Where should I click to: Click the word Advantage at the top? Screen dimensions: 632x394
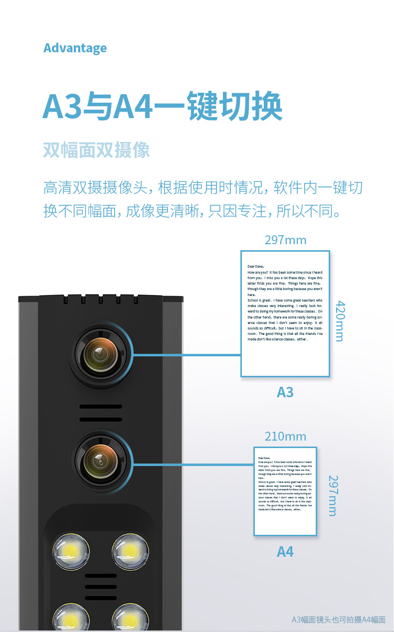pos(75,48)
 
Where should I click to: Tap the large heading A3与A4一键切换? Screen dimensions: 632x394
pos(163,106)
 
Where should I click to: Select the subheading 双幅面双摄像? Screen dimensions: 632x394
pos(96,150)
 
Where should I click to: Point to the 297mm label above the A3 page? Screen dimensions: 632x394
pos(285,240)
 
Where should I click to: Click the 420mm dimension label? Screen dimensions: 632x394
pos(339,320)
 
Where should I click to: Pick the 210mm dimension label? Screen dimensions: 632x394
pos(285,437)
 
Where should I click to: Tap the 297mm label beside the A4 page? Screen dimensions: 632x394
pos(333,495)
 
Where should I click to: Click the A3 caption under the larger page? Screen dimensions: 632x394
pos(285,392)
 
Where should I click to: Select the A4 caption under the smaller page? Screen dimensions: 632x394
pos(285,552)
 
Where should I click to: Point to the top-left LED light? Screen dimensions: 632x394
pos(71,551)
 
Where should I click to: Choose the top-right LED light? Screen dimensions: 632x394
pos(130,551)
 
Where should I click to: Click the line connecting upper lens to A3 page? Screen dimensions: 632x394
pos(187,355)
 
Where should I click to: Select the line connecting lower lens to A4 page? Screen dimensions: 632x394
pos(194,465)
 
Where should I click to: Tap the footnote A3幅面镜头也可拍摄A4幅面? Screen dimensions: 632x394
pos(338,620)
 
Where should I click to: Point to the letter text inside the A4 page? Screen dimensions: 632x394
pos(285,483)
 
